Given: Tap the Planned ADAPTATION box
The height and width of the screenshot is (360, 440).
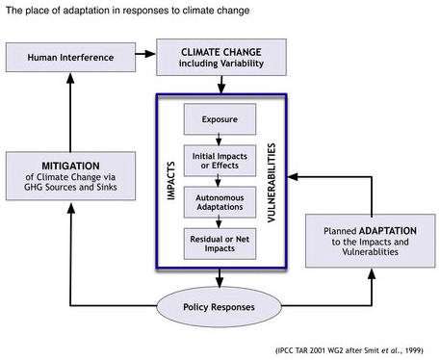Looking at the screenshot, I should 366,242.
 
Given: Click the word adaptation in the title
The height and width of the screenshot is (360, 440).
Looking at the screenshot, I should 89,10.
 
